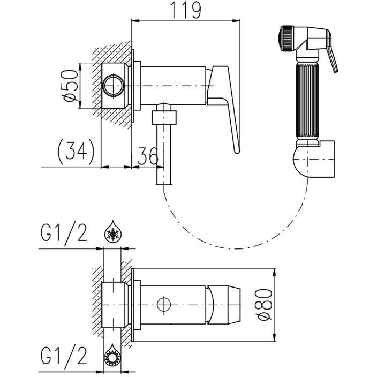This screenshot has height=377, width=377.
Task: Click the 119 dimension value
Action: point(185,10)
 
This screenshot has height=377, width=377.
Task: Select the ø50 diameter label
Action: point(70,86)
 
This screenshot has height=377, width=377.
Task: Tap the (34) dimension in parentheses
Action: point(76,152)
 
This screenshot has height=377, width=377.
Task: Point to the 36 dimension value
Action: point(148,155)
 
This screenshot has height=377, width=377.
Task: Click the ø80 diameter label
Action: point(264,305)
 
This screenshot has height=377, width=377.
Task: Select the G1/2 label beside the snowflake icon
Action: point(64,232)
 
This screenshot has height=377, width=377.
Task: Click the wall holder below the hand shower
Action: point(314,159)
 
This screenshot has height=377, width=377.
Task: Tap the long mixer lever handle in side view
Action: point(224,109)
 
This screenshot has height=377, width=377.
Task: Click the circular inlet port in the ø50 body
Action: point(114,86)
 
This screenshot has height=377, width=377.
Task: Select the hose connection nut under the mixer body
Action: point(164,118)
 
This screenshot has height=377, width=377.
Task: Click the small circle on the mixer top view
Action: point(164,305)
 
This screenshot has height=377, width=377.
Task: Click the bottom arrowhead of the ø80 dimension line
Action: point(275,336)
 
